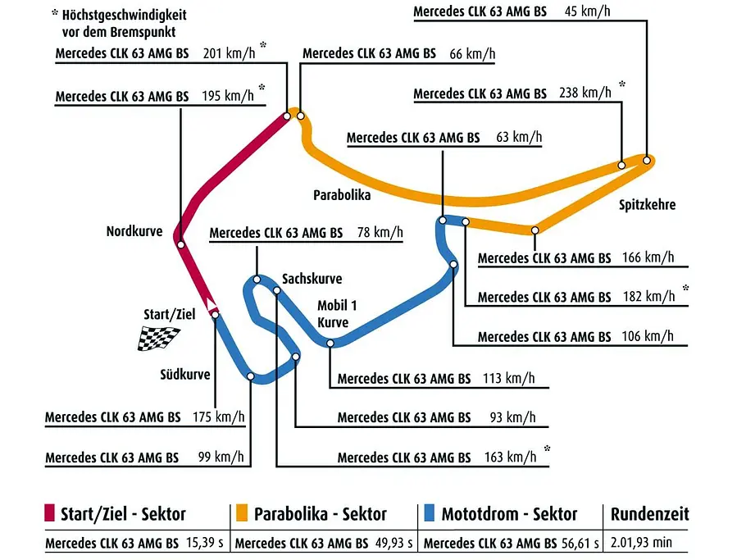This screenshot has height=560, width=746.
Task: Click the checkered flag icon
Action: pos(159,339)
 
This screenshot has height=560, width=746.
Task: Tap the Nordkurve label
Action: pos(134,232)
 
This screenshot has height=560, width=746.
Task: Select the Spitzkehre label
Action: pos(647,205)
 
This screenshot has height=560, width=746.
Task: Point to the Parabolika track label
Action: pos(342,195)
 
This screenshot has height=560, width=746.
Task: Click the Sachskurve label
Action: pos(312,279)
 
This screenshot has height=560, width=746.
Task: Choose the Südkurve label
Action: pos(185,375)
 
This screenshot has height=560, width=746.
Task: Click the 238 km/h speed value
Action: pos(585,93)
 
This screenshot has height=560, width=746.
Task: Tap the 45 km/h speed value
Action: pos(588,11)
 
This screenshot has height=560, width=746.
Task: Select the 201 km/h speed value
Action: pos(229,53)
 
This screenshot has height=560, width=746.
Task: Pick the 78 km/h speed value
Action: pos(380,233)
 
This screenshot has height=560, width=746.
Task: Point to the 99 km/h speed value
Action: pos(221,458)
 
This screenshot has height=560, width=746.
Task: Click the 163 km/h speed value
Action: pos(511,458)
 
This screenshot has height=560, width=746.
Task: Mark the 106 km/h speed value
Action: pos(648,336)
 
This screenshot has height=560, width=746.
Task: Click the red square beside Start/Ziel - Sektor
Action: pos(49,513)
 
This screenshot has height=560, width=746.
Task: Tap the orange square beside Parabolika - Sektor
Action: pos(242,513)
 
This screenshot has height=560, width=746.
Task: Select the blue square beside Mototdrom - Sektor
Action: pos(429,513)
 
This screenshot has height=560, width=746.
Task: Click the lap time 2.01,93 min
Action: pos(641,543)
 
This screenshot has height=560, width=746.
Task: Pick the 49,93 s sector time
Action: pos(394,543)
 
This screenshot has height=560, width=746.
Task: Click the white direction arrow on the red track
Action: pos(211,303)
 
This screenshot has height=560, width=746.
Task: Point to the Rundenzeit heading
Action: pos(650,514)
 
